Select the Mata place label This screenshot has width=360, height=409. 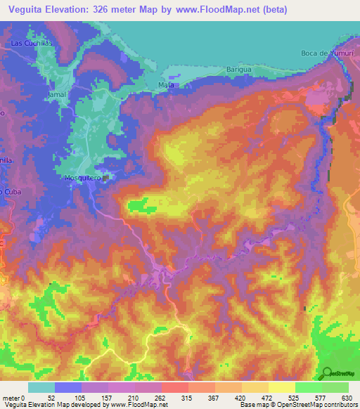pos(166,85)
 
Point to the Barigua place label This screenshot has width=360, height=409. pos(238,69)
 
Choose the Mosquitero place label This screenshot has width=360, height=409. pos(83,178)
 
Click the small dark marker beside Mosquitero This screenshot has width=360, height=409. pos(105,178)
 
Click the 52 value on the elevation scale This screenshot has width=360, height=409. pos(51,398)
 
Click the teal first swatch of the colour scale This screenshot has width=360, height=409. pos(41,387)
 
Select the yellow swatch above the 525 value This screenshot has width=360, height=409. pos(282,387)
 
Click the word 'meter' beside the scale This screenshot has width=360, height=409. pos(10,398)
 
